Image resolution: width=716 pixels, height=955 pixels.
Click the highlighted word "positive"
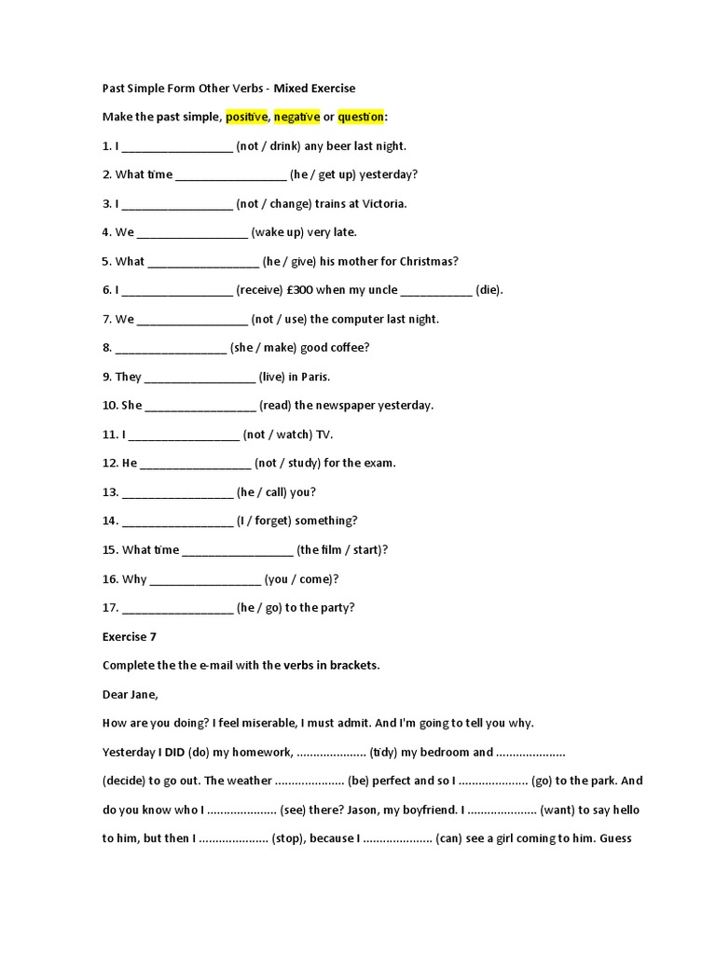pos(246,117)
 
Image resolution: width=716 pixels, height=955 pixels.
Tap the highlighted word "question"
pos(361,117)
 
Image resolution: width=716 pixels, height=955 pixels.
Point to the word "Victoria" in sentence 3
pos(382,203)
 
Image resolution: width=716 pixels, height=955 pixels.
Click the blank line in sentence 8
pos(171,348)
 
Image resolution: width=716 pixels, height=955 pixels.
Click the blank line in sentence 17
pos(177,608)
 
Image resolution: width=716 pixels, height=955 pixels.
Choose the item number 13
pos(111,492)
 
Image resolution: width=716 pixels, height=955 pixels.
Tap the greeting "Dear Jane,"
pos(131,694)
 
